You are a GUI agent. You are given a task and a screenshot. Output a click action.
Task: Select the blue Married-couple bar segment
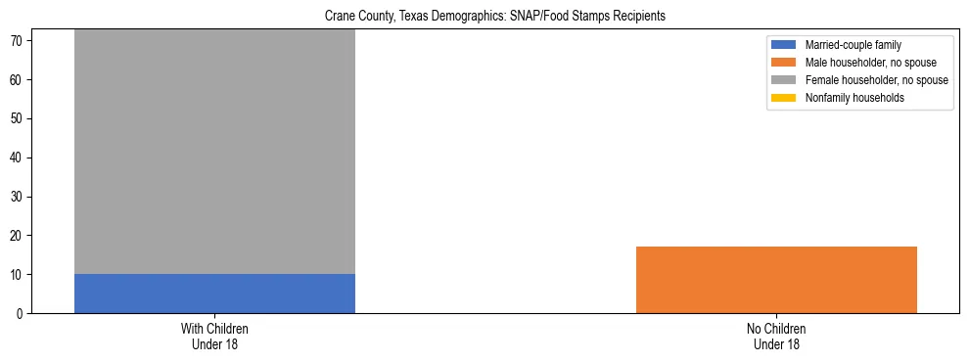(x=214, y=294)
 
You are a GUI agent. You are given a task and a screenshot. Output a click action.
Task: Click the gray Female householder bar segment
(x=214, y=152)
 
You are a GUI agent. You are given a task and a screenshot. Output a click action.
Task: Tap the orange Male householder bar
(x=776, y=280)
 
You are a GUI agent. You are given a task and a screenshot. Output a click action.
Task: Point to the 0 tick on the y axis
(x=22, y=314)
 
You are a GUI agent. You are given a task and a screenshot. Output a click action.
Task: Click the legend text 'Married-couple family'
(x=854, y=45)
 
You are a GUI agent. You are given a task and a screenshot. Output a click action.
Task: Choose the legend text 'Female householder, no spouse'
(x=876, y=80)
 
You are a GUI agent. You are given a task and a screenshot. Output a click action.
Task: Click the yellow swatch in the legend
(x=784, y=98)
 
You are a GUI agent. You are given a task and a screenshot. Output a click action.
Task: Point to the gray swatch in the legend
(x=784, y=80)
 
